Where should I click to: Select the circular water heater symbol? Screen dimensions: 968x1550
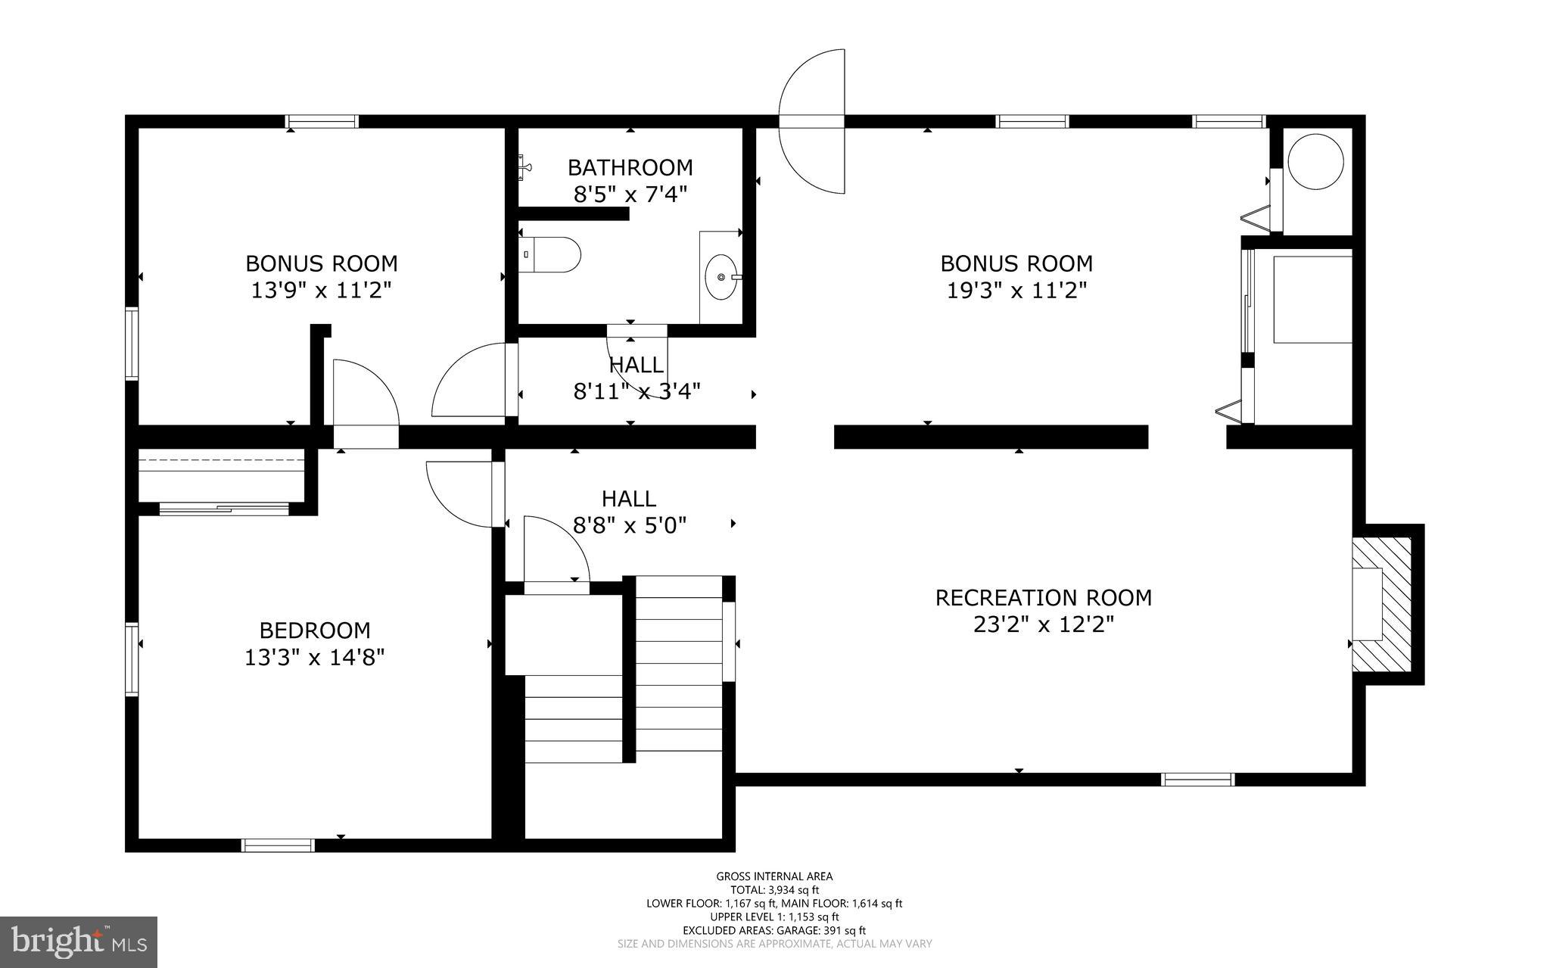point(1315,162)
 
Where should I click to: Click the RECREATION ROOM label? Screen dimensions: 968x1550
point(1043,598)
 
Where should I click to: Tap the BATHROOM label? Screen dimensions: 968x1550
point(630,167)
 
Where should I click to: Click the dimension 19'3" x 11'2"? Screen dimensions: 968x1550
point(1016,291)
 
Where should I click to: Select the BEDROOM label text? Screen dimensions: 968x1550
point(315,630)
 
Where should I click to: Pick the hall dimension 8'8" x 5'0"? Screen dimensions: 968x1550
point(629,526)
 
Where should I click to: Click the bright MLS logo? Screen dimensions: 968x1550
point(79,942)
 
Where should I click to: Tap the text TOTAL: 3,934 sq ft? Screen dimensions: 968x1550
point(774,890)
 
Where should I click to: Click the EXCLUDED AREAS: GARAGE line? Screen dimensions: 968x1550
point(774,931)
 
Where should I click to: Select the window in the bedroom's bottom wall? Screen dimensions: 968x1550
point(278,845)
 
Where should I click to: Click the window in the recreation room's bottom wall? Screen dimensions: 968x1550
point(1197,780)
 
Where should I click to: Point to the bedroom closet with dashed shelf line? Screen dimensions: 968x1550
point(221,475)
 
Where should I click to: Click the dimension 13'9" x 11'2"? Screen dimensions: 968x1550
point(321,291)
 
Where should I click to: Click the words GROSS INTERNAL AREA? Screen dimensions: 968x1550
point(774,876)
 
